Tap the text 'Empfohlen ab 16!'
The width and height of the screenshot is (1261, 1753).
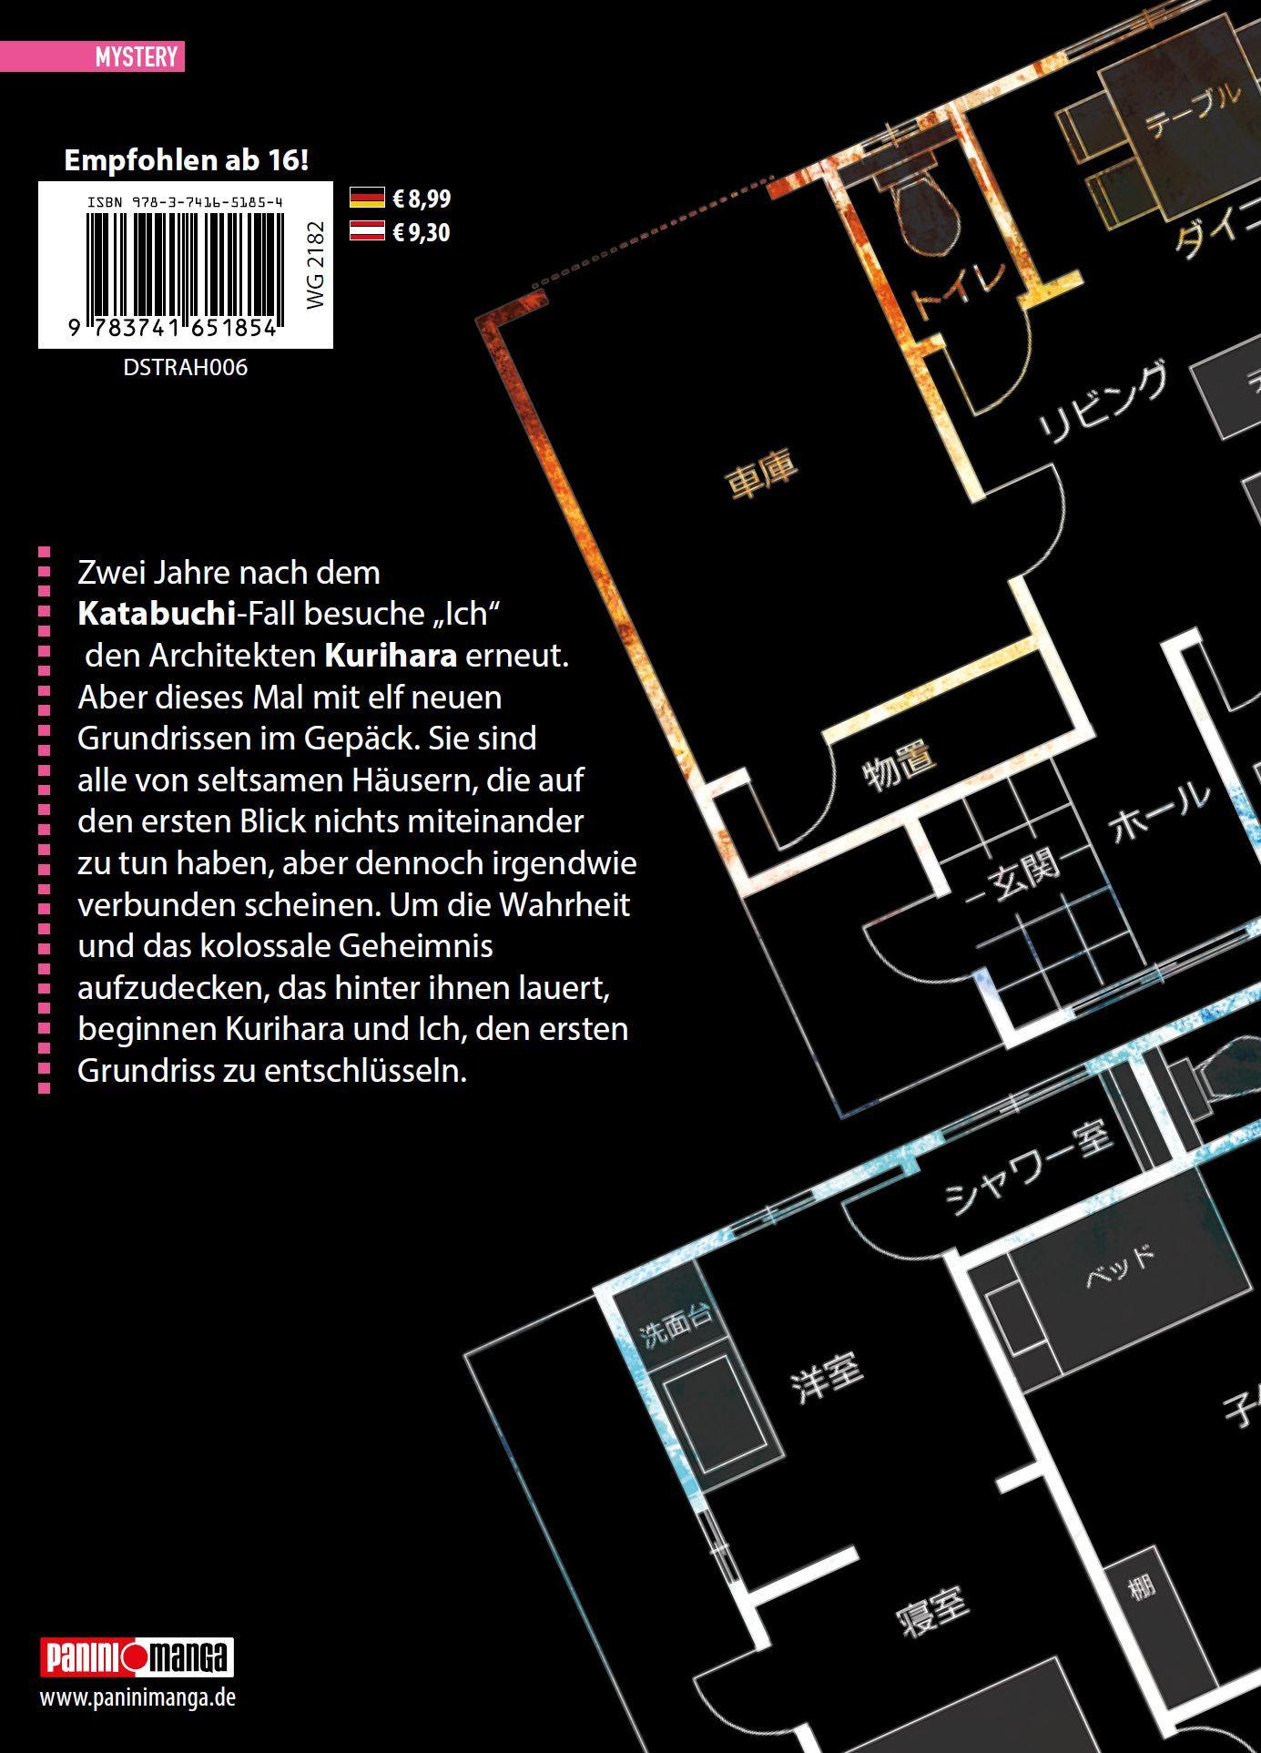pos(186,160)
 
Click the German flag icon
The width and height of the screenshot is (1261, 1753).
pos(367,198)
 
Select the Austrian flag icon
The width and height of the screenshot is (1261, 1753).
pos(367,231)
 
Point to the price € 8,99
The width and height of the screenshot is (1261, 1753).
pos(422,199)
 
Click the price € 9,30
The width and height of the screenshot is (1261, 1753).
pos(422,232)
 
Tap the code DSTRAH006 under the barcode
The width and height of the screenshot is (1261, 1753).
pos(185,368)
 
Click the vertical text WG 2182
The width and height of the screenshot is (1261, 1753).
pos(315,266)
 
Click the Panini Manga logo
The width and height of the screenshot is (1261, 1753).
pos(137,1657)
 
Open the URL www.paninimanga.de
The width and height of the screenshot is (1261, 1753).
pos(137,1697)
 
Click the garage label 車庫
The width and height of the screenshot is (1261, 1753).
pos(762,475)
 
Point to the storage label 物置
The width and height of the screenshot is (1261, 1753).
pos(899,766)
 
